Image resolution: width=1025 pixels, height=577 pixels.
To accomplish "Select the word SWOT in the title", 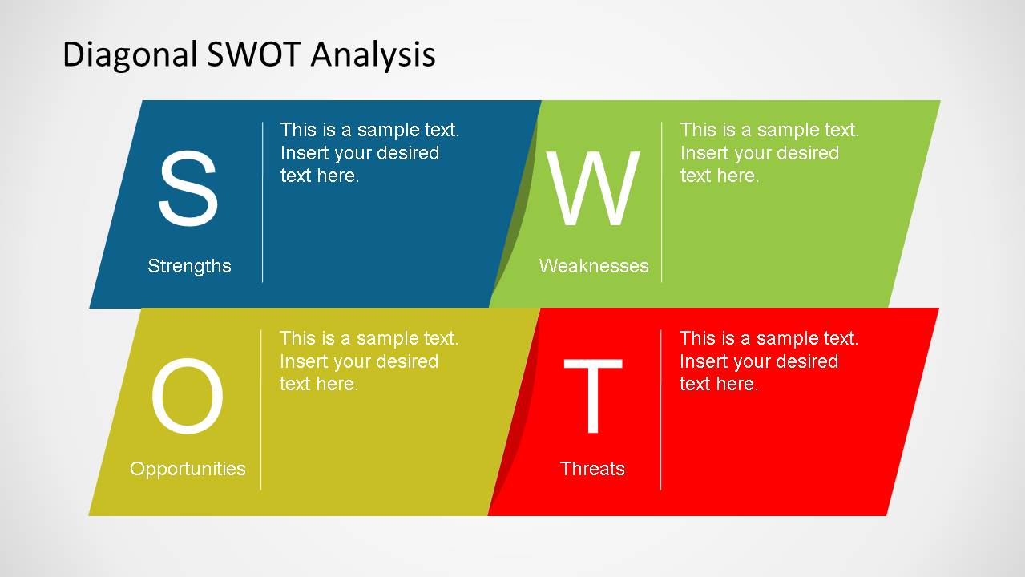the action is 254,54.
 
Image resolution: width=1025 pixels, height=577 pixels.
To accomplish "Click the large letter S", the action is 188,188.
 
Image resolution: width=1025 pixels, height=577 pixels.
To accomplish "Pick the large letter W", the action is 593,188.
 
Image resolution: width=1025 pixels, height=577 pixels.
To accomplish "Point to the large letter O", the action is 188,396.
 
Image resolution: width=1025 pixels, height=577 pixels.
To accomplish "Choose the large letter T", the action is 593,396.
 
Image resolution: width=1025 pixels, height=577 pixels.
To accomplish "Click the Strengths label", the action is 189,266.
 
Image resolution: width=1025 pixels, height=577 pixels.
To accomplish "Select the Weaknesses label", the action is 594,266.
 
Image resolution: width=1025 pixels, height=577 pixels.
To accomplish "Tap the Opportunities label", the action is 188,469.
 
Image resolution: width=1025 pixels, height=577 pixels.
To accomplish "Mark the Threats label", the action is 592,469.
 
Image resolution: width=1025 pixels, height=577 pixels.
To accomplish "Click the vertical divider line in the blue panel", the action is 263,202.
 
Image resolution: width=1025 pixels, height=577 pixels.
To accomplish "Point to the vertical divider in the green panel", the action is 662,202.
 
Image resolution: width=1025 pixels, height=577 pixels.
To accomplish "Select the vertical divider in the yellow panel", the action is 261,410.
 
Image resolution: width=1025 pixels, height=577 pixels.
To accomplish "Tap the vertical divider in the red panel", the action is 660,410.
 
